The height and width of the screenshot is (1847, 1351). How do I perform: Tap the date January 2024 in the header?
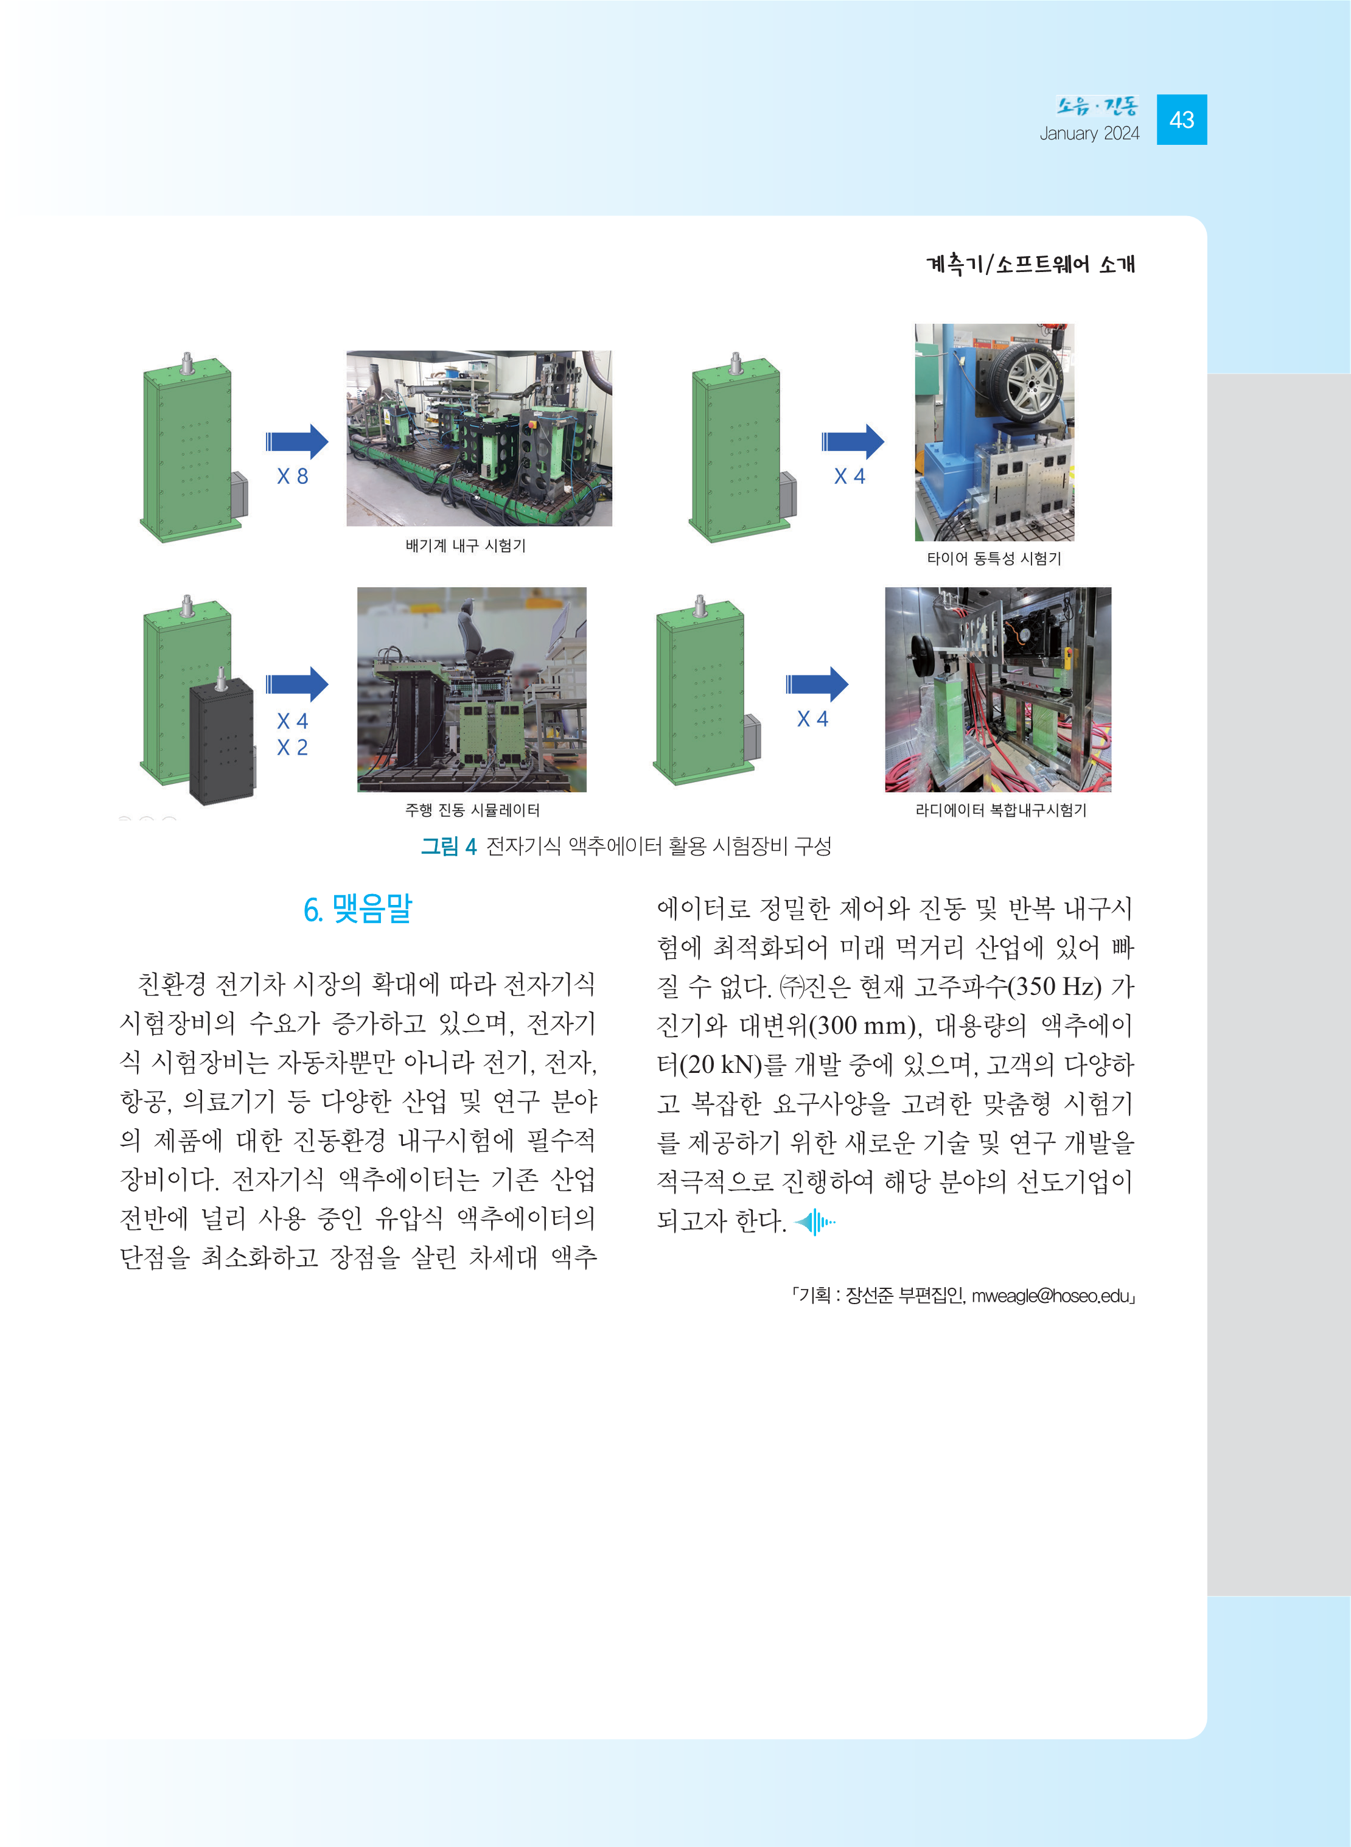(1089, 133)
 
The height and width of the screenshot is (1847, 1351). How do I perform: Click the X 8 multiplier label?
(292, 476)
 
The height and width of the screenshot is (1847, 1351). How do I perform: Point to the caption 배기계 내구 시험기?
(466, 545)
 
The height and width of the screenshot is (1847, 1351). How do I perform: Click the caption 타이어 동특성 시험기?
(994, 559)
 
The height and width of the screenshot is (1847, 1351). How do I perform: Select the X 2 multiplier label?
(292, 747)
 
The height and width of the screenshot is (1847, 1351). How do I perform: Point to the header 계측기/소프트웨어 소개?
(1030, 264)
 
